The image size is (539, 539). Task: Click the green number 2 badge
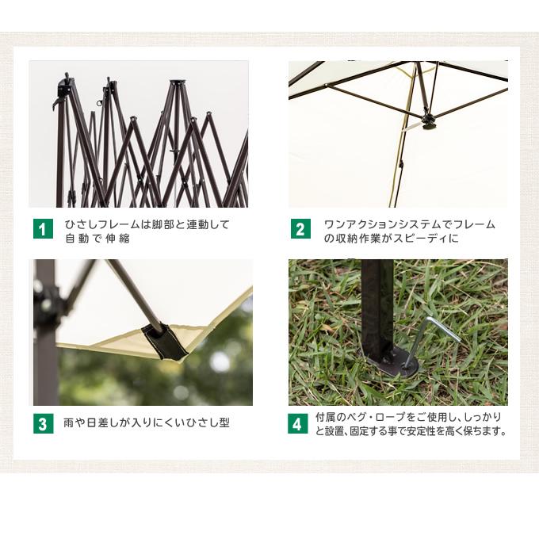pyautogui.click(x=300, y=230)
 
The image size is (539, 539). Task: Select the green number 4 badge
pyautogui.click(x=297, y=423)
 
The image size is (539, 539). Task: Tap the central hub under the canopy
pyautogui.click(x=430, y=120)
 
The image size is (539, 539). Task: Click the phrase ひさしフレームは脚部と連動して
pyautogui.click(x=147, y=224)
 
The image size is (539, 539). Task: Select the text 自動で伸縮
pyautogui.click(x=97, y=238)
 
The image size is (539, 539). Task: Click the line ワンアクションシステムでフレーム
pyautogui.click(x=409, y=224)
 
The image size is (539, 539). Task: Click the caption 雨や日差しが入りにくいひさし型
pyautogui.click(x=147, y=423)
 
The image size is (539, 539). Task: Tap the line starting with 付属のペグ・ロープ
pyautogui.click(x=408, y=417)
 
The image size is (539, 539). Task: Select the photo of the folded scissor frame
pyautogui.click(x=139, y=134)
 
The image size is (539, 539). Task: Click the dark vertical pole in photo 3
pyautogui.click(x=44, y=333)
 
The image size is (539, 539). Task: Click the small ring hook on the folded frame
pyautogui.click(x=100, y=102)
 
